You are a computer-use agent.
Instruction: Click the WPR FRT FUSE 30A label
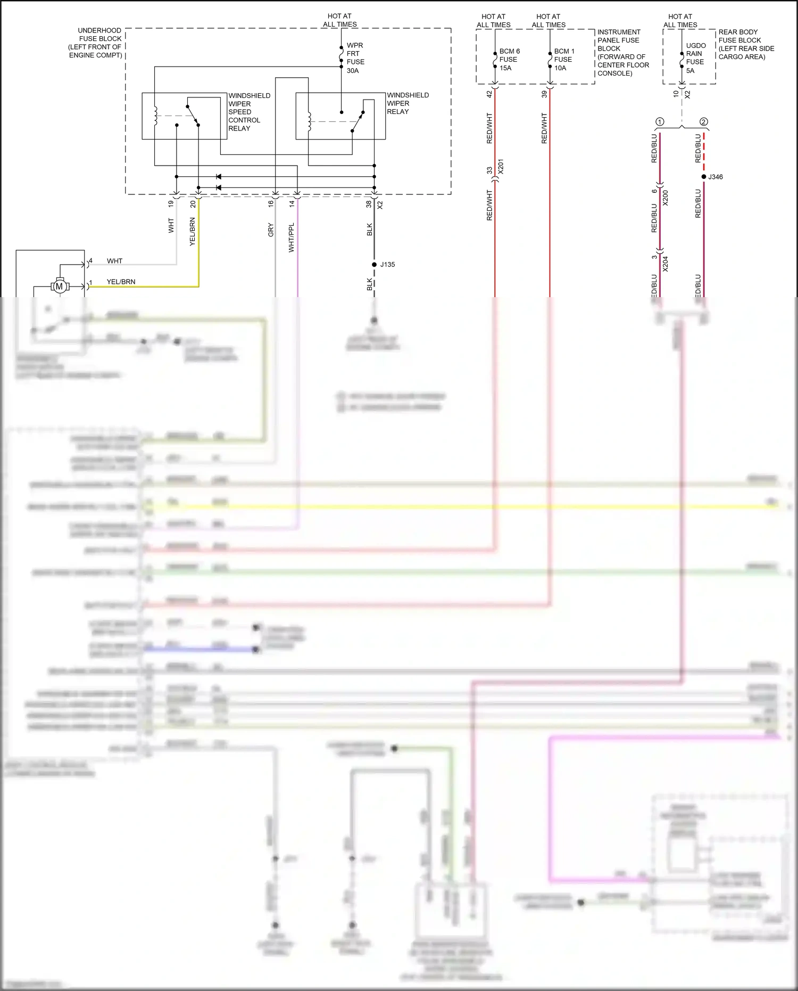click(355, 58)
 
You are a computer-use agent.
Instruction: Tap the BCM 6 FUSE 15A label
click(509, 60)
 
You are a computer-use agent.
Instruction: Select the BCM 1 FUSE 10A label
click(564, 60)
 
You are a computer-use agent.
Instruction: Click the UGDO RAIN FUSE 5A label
click(695, 58)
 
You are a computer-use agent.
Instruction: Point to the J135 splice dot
click(375, 264)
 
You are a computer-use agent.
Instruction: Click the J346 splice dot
click(704, 177)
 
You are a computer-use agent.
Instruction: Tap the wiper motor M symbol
click(60, 286)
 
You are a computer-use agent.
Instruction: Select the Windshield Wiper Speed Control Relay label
click(249, 112)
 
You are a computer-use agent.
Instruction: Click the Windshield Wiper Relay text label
click(407, 103)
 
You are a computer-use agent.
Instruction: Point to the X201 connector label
click(501, 167)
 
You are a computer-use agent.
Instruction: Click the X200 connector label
click(666, 198)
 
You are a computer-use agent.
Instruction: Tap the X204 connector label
click(666, 264)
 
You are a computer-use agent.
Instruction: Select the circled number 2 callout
click(704, 122)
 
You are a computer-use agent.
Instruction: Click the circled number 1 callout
click(660, 122)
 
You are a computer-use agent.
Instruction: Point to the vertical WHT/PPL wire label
click(291, 237)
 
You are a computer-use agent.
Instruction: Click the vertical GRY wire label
click(271, 230)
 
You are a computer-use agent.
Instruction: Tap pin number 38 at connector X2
click(369, 204)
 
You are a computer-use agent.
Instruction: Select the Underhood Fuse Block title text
click(96, 43)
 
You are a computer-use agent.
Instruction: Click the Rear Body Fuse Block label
click(746, 44)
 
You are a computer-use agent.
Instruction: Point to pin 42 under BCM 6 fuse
click(489, 94)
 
